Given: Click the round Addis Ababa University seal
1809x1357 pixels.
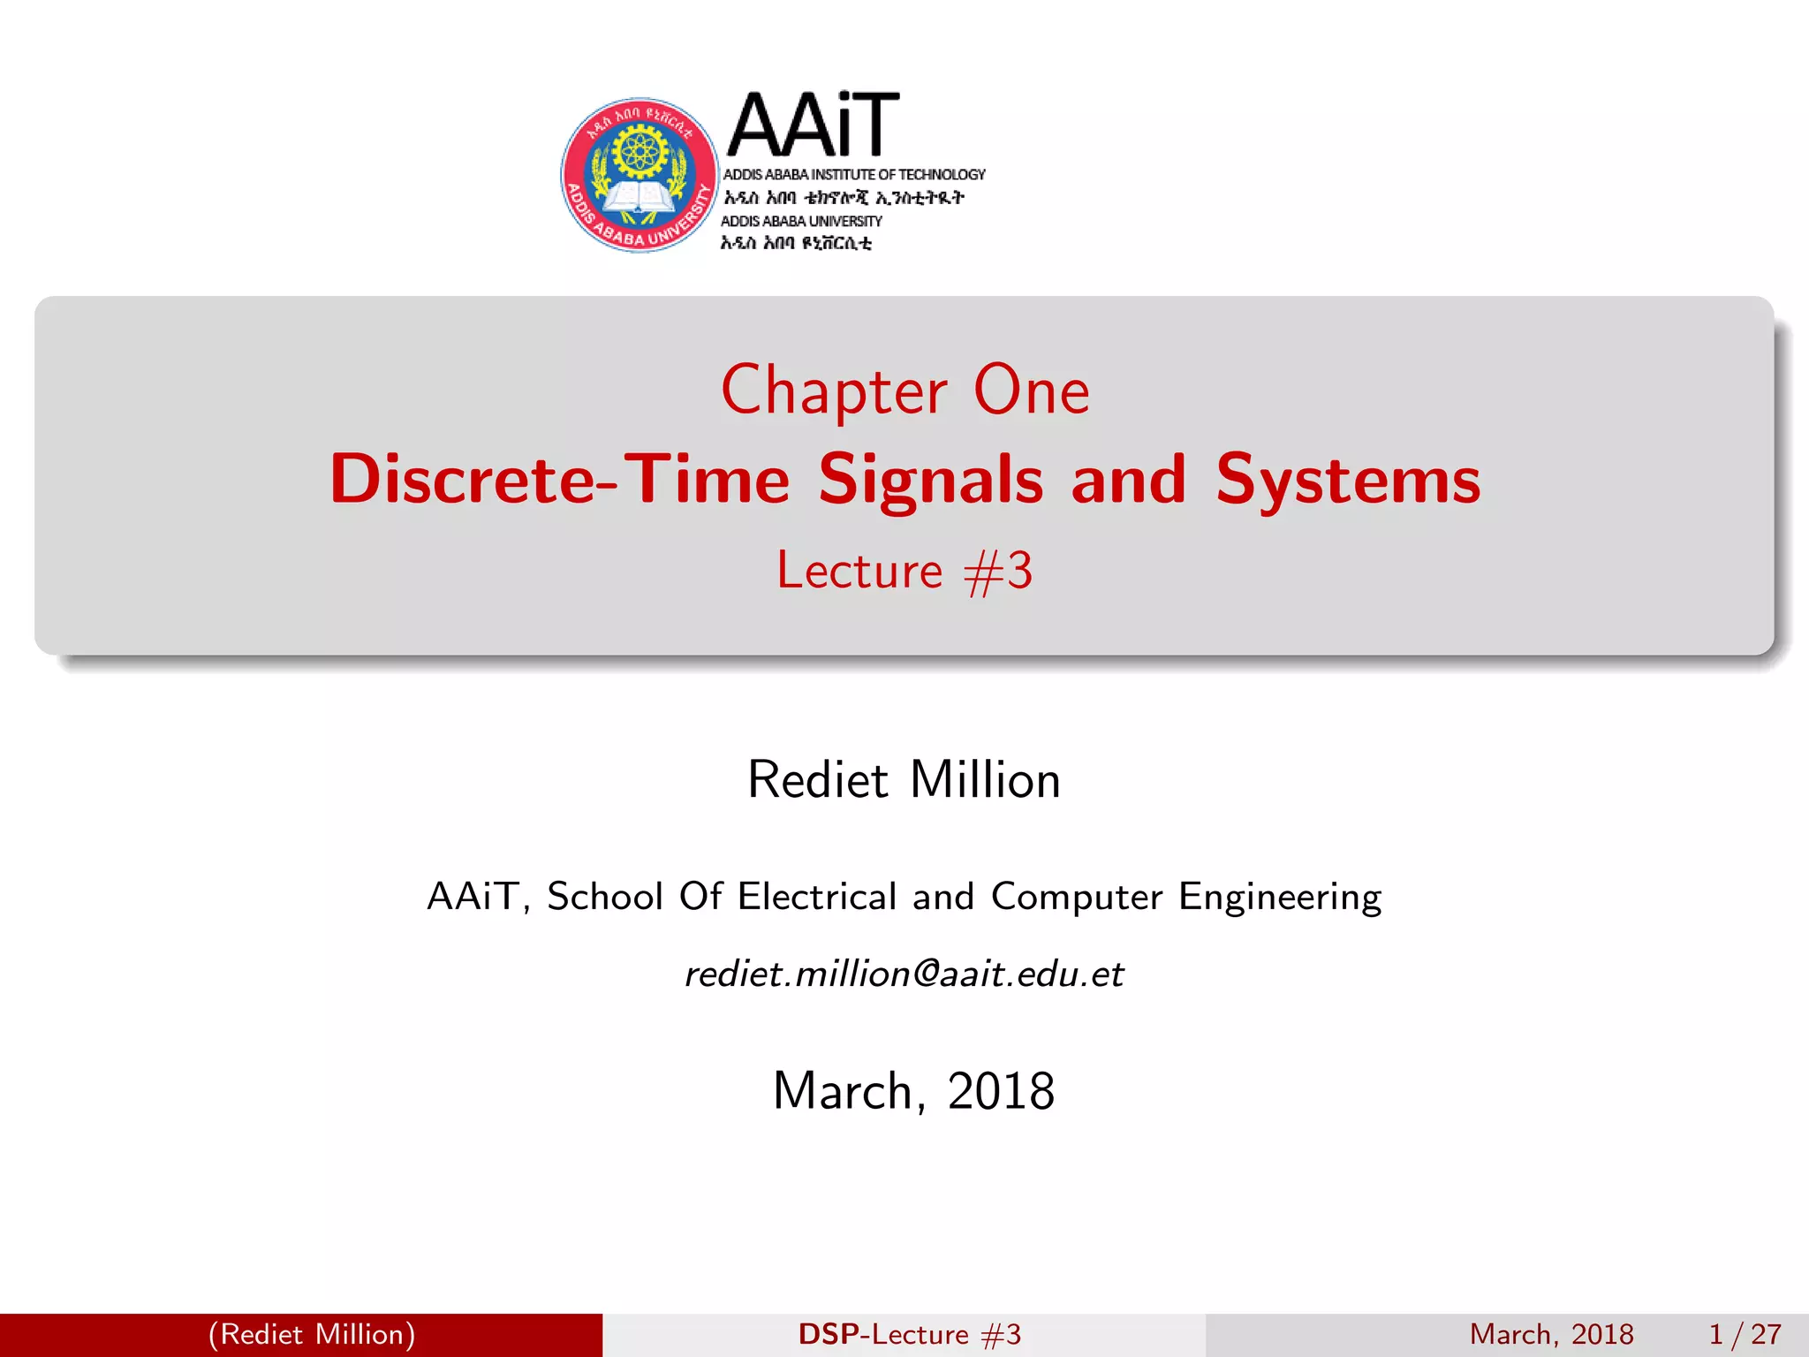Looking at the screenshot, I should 640,175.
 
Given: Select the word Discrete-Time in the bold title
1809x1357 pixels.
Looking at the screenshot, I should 559,480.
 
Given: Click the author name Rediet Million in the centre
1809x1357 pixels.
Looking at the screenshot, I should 904,780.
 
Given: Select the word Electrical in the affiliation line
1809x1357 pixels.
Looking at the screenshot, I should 817,897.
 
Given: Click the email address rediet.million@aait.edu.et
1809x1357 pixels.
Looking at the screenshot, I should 904,974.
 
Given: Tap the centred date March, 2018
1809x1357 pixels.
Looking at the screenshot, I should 913,1091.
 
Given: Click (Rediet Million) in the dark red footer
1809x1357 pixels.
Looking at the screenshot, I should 312,1334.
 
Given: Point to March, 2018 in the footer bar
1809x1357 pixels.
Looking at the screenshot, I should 1551,1334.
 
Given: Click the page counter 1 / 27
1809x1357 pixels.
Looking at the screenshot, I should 1745,1334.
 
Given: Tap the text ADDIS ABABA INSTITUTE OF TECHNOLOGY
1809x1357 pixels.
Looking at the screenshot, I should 853,175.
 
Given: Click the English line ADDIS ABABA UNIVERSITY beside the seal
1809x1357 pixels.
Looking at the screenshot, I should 801,221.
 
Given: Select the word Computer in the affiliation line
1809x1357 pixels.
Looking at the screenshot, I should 1076,897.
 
